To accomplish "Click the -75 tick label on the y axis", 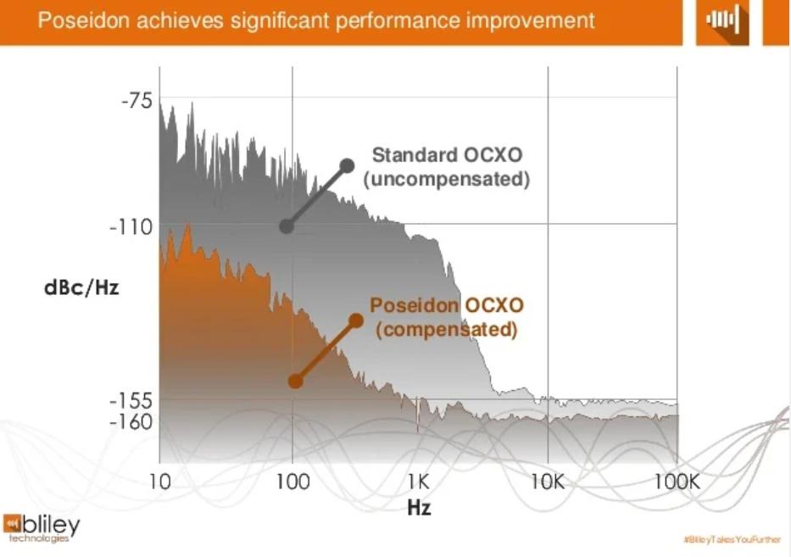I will (x=137, y=101).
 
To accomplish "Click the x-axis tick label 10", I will (x=159, y=482).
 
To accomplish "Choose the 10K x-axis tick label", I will (x=548, y=482).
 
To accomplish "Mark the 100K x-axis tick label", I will (x=677, y=482).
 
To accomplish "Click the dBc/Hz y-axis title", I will (x=81, y=287).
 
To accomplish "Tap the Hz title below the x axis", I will (x=419, y=508).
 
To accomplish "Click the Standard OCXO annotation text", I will (x=447, y=156).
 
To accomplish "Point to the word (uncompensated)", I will (x=447, y=180).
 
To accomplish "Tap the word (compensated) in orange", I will (x=447, y=329).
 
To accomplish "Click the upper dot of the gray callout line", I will (x=346, y=165).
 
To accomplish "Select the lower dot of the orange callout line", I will (x=295, y=381).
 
